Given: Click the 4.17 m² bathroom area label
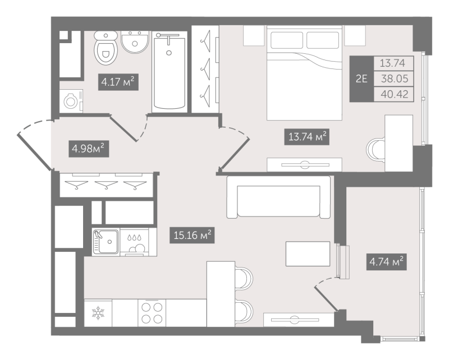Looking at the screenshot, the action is pos(118,82).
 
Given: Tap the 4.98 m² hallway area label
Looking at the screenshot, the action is pos(89,149).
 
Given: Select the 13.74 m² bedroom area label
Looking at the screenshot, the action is pos(306,137).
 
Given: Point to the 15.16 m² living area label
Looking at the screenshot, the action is pos(192,235).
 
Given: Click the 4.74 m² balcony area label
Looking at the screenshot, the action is pos(387,262).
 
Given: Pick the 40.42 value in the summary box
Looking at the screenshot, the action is pos(395,94).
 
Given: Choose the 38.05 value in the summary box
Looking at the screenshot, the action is pos(395,79).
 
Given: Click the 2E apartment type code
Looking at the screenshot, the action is pos(361,79).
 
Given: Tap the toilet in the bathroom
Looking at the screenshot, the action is pos(106,48).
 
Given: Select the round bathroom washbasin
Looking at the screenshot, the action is pos(135,42).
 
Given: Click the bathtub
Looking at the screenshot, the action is pos(169,72).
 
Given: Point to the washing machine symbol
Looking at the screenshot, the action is pos(71,101).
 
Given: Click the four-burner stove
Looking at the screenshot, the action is pos(152,313).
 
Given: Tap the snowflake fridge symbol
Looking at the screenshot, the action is pos(98,313).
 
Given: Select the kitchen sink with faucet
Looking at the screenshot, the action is pos(106,242).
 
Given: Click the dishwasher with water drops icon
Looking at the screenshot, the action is pos(134,242).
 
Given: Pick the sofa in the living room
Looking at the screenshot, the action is pos(278,197).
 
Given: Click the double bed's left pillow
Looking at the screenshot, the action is pos(287,40).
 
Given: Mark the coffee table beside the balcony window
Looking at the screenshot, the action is pos(308,253).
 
